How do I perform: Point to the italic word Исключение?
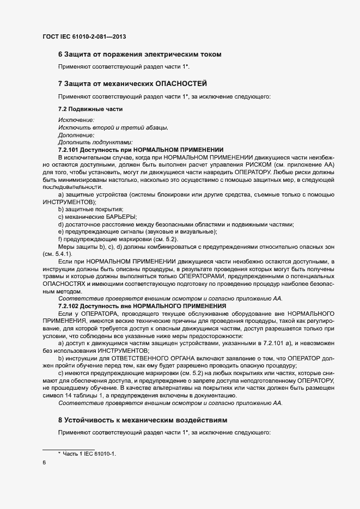pos(76,120)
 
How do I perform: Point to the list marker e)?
pos(61,232)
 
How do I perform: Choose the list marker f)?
pos(60,240)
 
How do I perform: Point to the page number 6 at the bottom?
pos(44,463)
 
